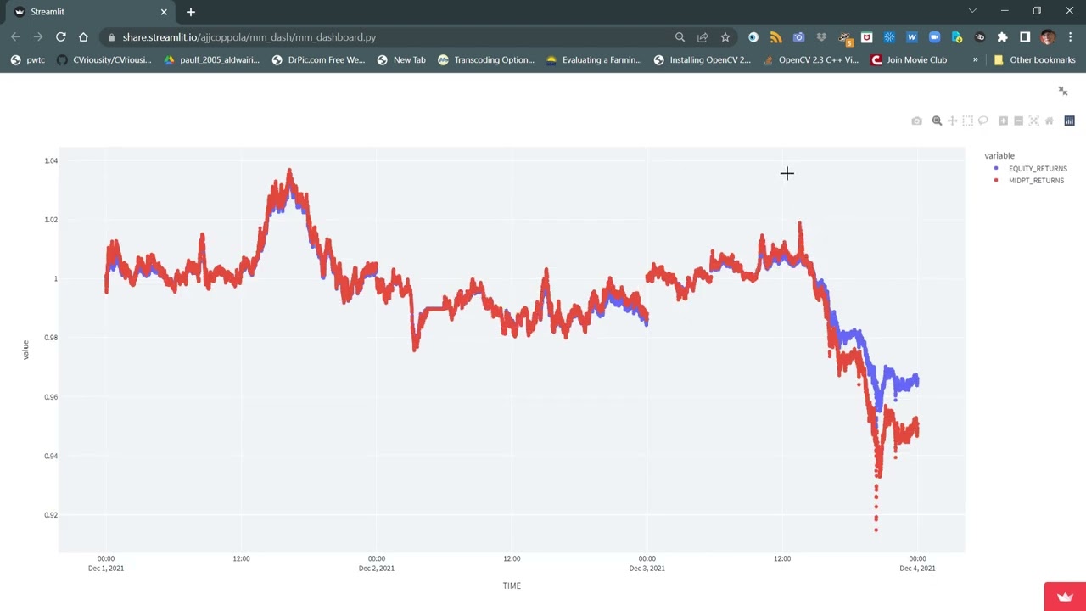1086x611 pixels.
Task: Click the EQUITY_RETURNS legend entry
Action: pyautogui.click(x=1037, y=169)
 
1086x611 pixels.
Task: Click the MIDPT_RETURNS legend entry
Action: pyautogui.click(x=1035, y=181)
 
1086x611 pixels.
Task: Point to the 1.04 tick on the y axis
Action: pyautogui.click(x=51, y=160)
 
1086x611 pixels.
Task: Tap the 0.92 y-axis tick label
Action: pyautogui.click(x=51, y=515)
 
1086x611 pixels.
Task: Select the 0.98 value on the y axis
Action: pyautogui.click(x=51, y=338)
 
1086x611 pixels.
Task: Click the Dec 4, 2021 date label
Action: pyautogui.click(x=917, y=569)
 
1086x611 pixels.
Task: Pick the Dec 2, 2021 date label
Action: pyautogui.click(x=376, y=569)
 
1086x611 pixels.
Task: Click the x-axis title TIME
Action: pyautogui.click(x=512, y=586)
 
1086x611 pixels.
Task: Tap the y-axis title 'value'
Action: pyautogui.click(x=25, y=349)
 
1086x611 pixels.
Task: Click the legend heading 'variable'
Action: pyautogui.click(x=999, y=156)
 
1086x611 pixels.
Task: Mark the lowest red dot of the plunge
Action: pyautogui.click(x=876, y=530)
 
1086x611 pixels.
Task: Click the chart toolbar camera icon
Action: pyautogui.click(x=916, y=121)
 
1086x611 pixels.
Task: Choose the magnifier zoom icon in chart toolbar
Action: pyautogui.click(x=937, y=121)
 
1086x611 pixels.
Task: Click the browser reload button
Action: pyautogui.click(x=61, y=37)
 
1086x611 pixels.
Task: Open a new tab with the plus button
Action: pyautogui.click(x=191, y=12)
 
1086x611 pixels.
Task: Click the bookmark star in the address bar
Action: pyautogui.click(x=725, y=37)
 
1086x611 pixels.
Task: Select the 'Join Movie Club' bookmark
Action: pyautogui.click(x=909, y=60)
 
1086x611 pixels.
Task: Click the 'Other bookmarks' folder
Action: pyautogui.click(x=1034, y=60)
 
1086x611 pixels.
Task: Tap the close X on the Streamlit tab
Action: pyautogui.click(x=164, y=12)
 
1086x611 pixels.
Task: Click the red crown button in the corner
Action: pyautogui.click(x=1065, y=597)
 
